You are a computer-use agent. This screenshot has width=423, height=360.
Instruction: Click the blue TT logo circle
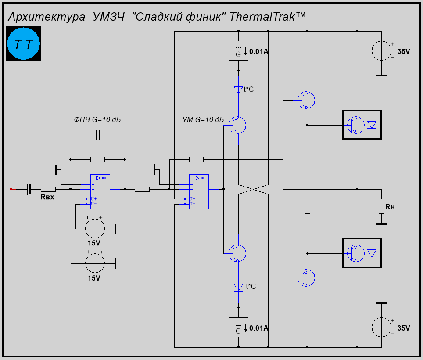[24, 44]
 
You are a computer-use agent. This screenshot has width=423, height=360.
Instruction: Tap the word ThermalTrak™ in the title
[267, 17]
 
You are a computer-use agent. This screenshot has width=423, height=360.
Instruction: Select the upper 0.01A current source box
[238, 51]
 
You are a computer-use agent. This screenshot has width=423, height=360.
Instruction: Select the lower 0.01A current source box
[238, 328]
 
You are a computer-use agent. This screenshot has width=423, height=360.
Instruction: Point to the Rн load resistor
[381, 206]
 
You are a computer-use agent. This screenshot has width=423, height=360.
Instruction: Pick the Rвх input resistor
[48, 189]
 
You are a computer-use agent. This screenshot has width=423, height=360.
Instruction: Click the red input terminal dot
[11, 189]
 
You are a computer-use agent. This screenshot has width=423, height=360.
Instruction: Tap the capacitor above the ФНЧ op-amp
[98, 135]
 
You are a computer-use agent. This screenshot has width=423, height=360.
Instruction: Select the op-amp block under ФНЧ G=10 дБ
[100, 191]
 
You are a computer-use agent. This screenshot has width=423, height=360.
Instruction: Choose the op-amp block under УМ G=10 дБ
[199, 191]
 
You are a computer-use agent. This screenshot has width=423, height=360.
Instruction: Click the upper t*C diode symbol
[238, 90]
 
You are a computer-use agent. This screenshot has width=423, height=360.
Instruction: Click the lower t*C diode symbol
[238, 288]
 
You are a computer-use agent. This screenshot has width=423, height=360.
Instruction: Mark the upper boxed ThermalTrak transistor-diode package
[362, 125]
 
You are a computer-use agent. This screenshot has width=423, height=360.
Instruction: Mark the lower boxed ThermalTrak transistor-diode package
[362, 253]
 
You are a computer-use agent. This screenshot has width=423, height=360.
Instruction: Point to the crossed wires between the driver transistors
[253, 189]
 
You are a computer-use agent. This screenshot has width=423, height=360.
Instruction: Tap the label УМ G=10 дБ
[203, 119]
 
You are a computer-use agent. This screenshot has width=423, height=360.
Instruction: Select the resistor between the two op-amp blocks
[142, 189]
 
